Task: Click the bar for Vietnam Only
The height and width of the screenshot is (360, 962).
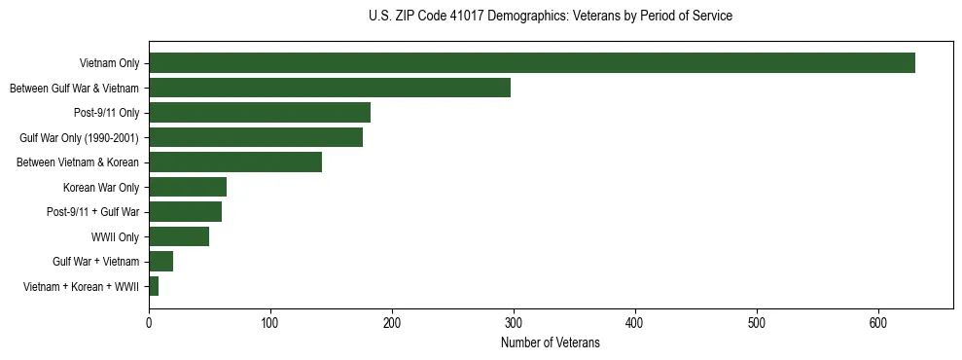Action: point(531,63)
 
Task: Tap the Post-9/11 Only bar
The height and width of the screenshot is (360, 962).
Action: point(260,113)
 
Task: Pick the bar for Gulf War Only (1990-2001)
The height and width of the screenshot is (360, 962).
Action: point(256,137)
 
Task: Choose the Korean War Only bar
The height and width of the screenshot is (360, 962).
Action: point(188,187)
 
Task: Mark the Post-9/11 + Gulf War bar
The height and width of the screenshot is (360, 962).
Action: point(185,212)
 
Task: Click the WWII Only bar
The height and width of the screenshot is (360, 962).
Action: point(179,236)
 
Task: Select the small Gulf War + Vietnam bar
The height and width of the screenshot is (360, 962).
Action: point(160,262)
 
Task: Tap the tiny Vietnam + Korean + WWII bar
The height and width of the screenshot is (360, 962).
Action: point(154,286)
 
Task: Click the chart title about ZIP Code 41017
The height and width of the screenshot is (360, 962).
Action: point(551,17)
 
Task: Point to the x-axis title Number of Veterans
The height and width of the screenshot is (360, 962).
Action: point(551,343)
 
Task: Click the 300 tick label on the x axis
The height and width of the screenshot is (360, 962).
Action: point(514,322)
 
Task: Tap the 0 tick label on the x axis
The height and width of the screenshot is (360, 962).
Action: point(149,322)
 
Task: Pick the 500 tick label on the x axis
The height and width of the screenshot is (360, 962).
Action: point(757,322)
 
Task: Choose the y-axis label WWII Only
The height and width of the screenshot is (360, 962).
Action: point(115,237)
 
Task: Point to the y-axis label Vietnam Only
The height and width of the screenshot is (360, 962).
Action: point(109,64)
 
